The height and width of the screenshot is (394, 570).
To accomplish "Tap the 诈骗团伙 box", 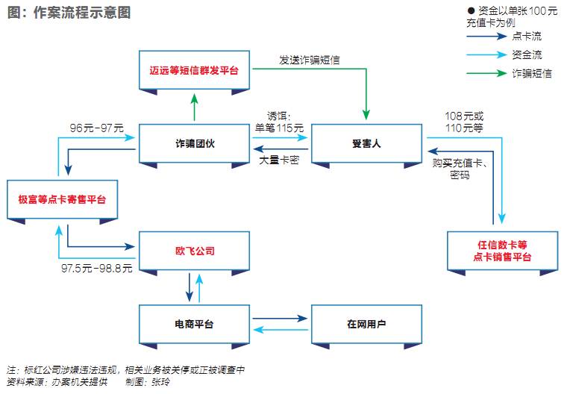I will (x=193, y=143).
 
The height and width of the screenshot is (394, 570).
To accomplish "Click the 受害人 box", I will (x=366, y=143).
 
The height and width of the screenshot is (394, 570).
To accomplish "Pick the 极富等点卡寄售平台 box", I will (x=63, y=199).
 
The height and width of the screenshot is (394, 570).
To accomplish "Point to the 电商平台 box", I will (x=193, y=325).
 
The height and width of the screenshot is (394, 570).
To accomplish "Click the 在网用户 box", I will (x=366, y=325).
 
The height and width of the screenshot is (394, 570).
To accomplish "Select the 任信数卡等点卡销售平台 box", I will (x=502, y=251).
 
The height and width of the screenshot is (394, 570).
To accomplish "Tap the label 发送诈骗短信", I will (x=310, y=60).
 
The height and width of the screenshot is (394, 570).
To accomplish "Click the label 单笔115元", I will (x=280, y=128).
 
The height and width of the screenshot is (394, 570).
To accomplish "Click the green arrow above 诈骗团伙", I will (x=193, y=107).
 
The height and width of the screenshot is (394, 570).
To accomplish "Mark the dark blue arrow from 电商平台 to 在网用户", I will (x=279, y=319).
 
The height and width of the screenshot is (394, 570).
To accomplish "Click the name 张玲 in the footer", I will (x=160, y=382).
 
